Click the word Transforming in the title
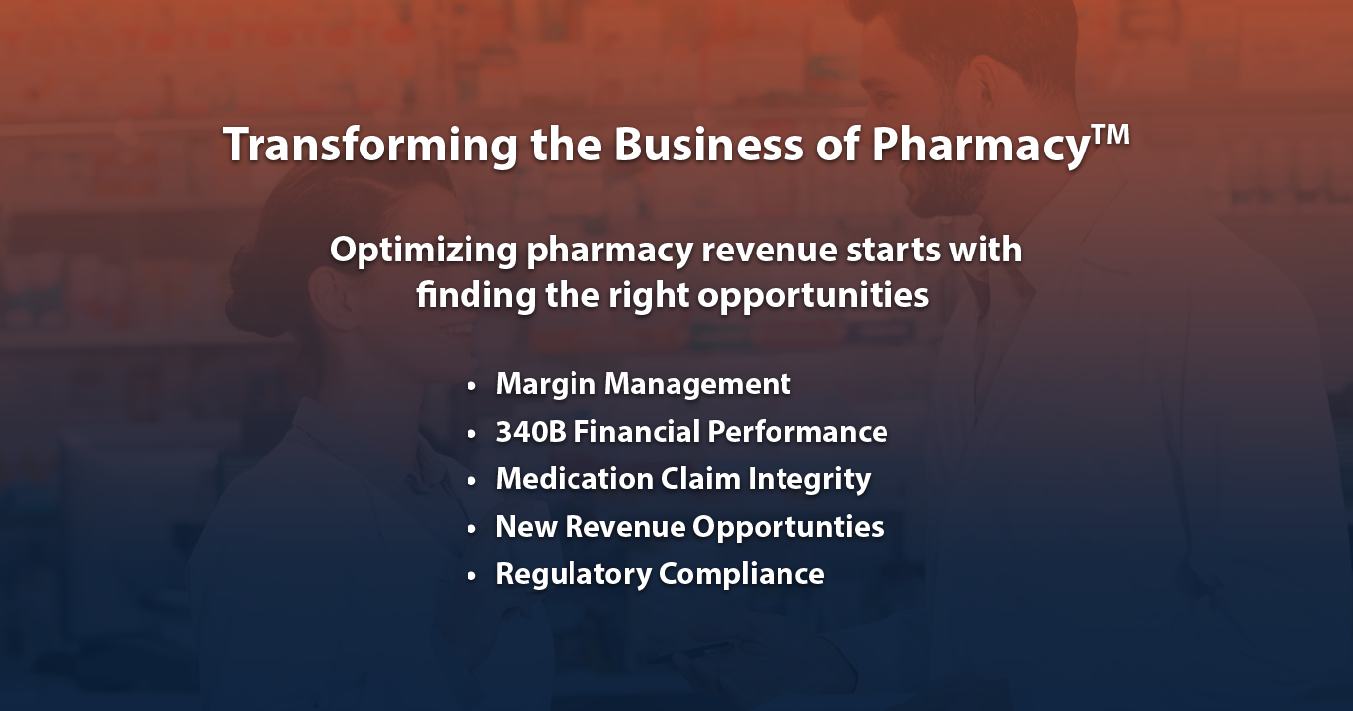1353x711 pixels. [x=370, y=145]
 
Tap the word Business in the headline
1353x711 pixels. [x=708, y=144]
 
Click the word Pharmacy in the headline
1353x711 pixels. [x=980, y=146]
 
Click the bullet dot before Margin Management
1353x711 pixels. [x=471, y=386]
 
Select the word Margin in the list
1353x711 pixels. [x=546, y=385]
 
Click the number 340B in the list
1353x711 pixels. [x=531, y=432]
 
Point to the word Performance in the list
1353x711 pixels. [x=797, y=432]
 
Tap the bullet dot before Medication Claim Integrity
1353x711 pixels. [x=471, y=481]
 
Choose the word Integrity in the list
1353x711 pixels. [x=809, y=480]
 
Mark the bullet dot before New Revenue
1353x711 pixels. [x=471, y=529]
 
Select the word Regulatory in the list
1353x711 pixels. [x=573, y=574]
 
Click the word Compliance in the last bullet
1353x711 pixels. [x=742, y=574]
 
